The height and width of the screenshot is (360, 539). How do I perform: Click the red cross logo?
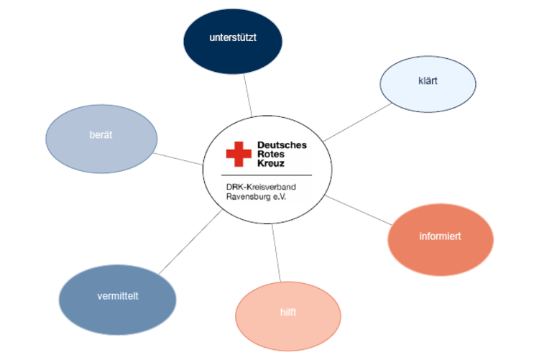click(x=239, y=154)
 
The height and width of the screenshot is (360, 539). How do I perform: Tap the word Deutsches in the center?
click(x=282, y=145)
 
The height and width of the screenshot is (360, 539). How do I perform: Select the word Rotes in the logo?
click(x=272, y=154)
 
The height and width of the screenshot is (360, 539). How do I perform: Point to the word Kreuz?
click(x=271, y=163)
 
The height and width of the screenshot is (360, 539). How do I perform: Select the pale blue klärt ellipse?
click(x=428, y=83)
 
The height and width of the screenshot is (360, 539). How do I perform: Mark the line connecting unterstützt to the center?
click(x=247, y=93)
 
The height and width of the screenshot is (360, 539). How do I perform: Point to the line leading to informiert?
click(x=359, y=209)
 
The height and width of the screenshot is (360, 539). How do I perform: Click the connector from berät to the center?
click(x=180, y=158)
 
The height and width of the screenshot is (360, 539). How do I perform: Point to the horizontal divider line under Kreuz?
click(x=269, y=175)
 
